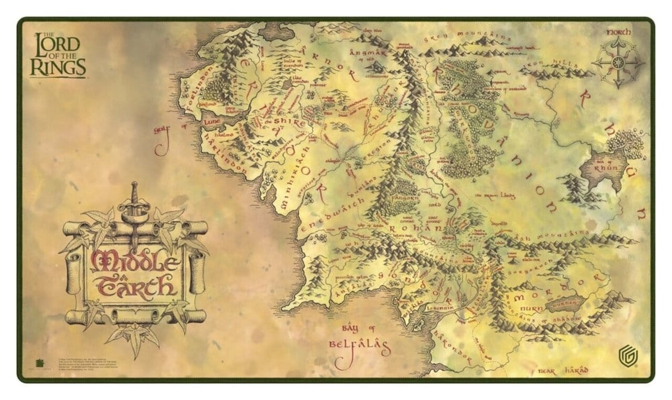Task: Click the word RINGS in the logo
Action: pos(58,68)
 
